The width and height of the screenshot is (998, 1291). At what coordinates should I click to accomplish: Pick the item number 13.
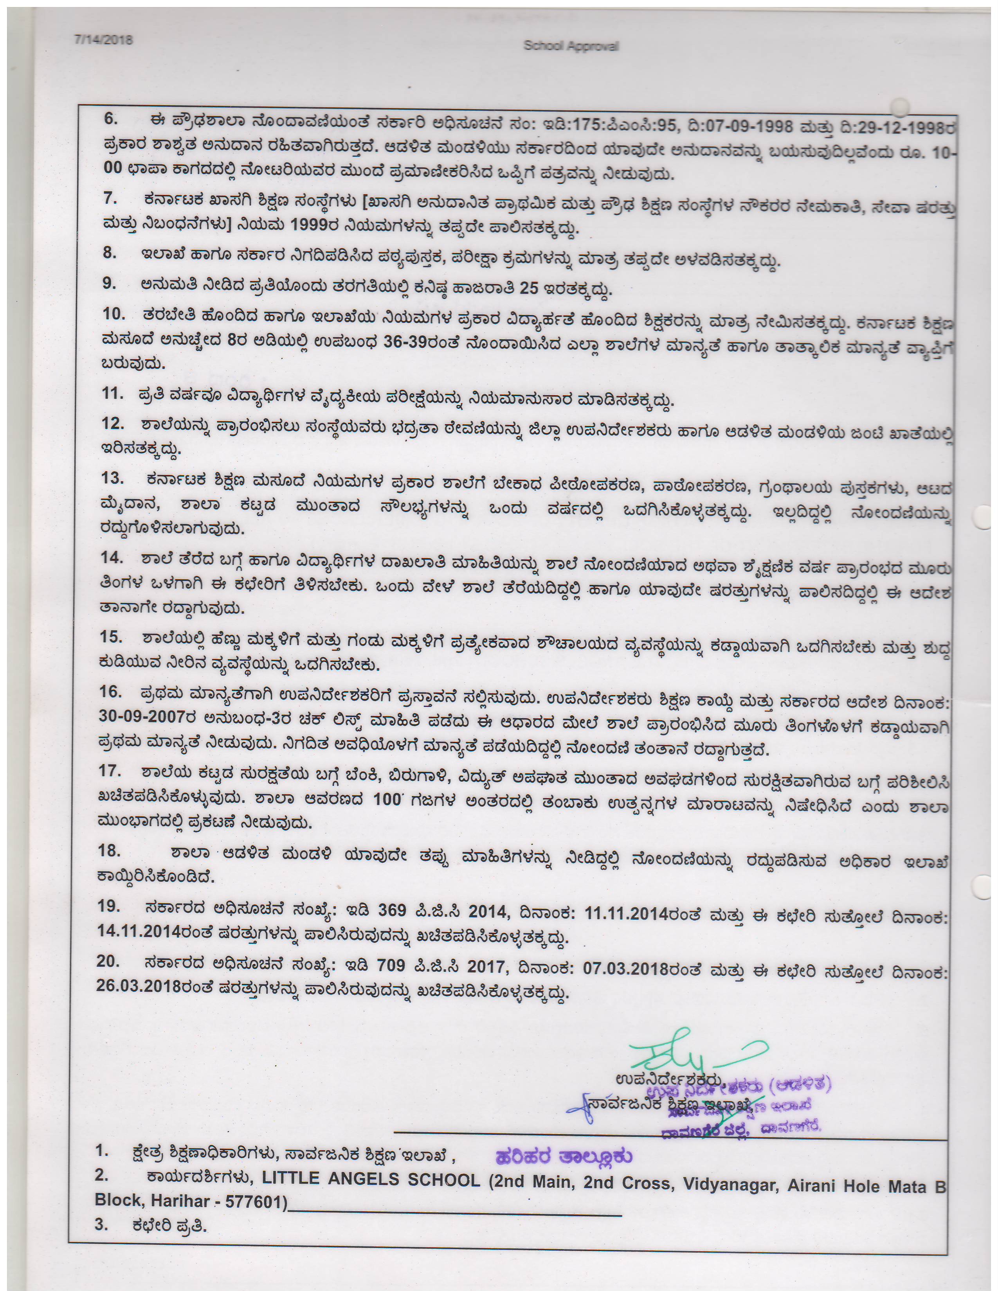pyautogui.click(x=112, y=478)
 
